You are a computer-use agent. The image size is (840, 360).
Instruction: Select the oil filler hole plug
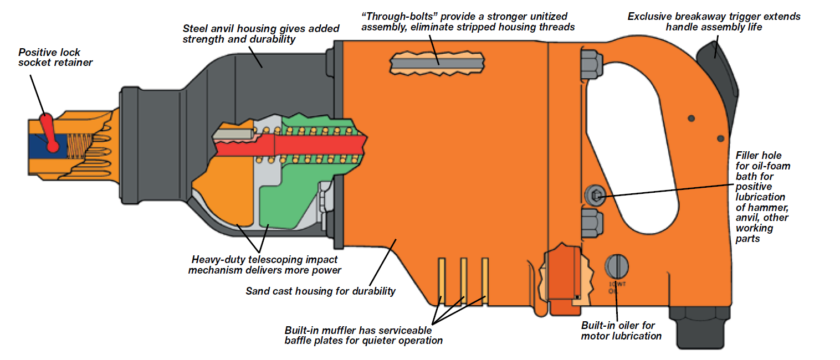[x=594, y=194]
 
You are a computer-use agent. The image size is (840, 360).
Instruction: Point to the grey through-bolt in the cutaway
[x=438, y=64]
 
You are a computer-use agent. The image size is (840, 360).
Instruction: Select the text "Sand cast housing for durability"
[x=321, y=291]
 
